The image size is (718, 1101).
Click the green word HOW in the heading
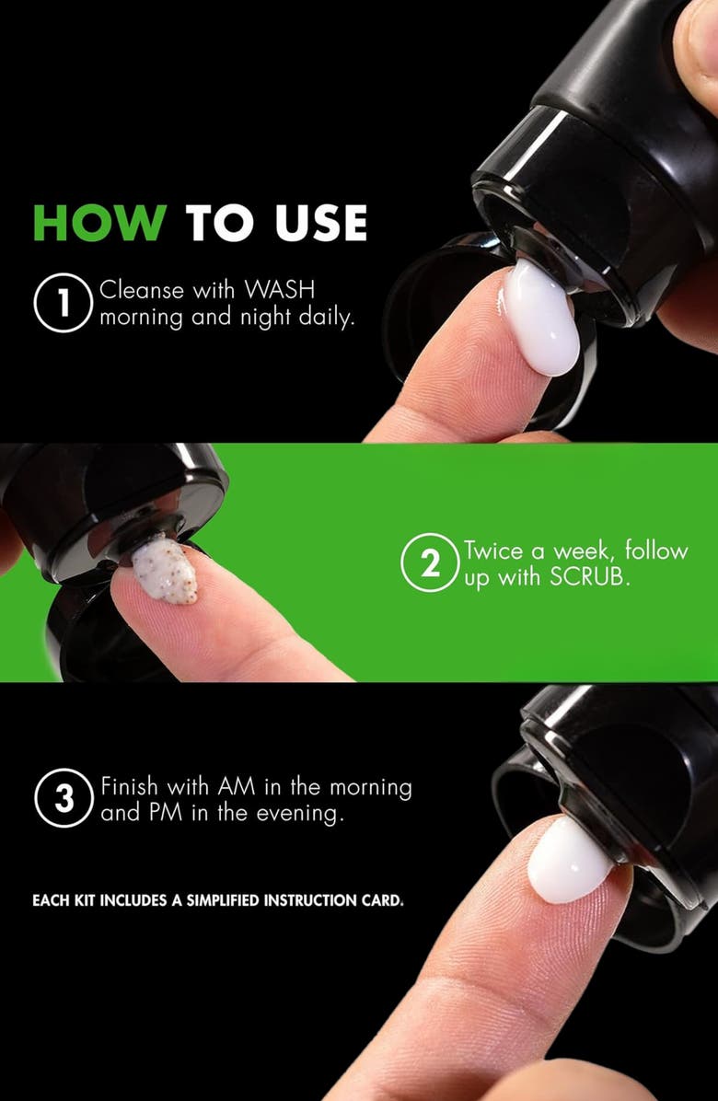point(100,224)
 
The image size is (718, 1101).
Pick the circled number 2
point(430,564)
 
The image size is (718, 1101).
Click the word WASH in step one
point(280,292)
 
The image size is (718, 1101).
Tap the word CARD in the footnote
point(382,900)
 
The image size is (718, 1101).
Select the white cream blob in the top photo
point(541,318)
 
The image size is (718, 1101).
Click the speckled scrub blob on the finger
point(166,572)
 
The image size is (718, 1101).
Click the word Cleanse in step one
point(137,292)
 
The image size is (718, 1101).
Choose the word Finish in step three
point(129,788)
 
